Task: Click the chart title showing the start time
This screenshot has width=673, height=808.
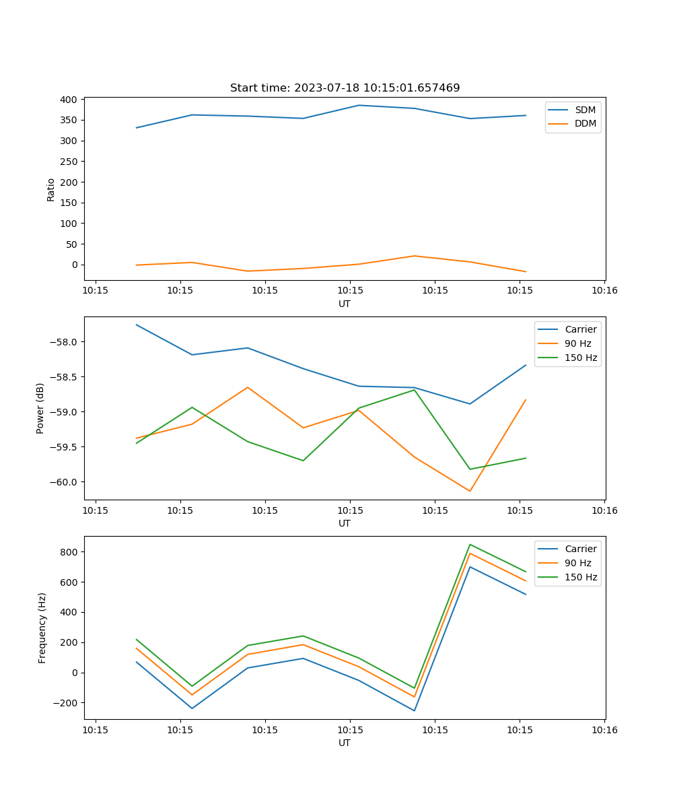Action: click(x=345, y=88)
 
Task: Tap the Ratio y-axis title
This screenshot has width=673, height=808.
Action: click(x=51, y=189)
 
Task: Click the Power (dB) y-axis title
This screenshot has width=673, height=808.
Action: click(x=40, y=408)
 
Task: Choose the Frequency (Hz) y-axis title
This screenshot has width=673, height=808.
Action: click(x=42, y=628)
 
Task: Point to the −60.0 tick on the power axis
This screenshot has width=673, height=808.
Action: click(x=66, y=482)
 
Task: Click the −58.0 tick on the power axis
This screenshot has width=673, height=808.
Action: click(x=66, y=342)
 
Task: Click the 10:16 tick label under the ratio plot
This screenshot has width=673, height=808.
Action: click(x=604, y=291)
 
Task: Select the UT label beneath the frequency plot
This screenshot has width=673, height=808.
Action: click(x=345, y=743)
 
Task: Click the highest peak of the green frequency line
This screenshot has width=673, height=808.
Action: click(x=470, y=544)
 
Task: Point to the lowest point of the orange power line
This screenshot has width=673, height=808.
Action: click(x=470, y=491)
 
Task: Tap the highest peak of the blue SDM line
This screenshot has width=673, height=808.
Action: click(x=359, y=105)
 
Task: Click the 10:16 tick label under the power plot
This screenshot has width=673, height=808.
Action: click(x=604, y=510)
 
